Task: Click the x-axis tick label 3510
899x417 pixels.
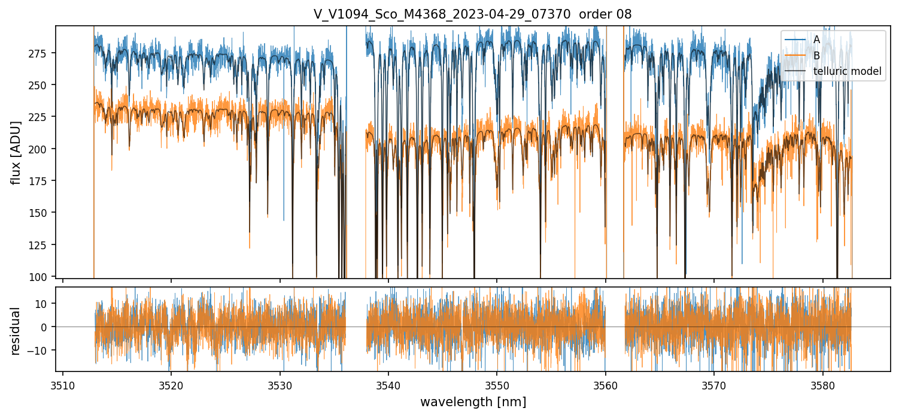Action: click(x=63, y=385)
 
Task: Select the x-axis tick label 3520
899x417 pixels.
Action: click(x=171, y=385)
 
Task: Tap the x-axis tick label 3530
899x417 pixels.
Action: click(x=280, y=385)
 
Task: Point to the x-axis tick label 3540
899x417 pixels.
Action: click(x=388, y=385)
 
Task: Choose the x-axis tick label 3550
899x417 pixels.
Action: click(x=497, y=385)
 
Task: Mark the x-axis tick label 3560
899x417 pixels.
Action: click(x=606, y=385)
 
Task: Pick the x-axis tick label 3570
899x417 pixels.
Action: click(x=714, y=385)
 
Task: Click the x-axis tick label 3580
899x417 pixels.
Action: click(x=822, y=385)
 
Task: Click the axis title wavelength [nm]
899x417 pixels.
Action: click(x=473, y=402)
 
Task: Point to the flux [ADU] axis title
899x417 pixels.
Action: click(x=16, y=153)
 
